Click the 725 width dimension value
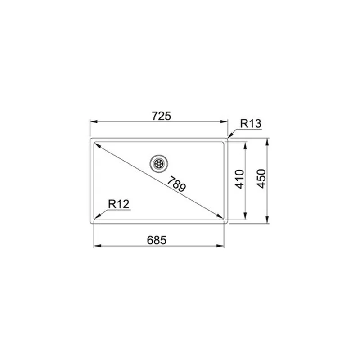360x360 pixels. pyautogui.click(x=162, y=116)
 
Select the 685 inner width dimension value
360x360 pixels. pyautogui.click(x=157, y=240)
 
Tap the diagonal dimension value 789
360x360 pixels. pyautogui.click(x=176, y=184)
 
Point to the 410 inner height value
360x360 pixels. pyautogui.click(x=240, y=179)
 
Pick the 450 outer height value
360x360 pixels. pyautogui.click(x=261, y=179)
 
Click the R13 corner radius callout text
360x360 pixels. pyautogui.click(x=251, y=123)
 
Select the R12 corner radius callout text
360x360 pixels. pyautogui.click(x=119, y=204)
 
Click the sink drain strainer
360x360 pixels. pyautogui.click(x=158, y=163)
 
